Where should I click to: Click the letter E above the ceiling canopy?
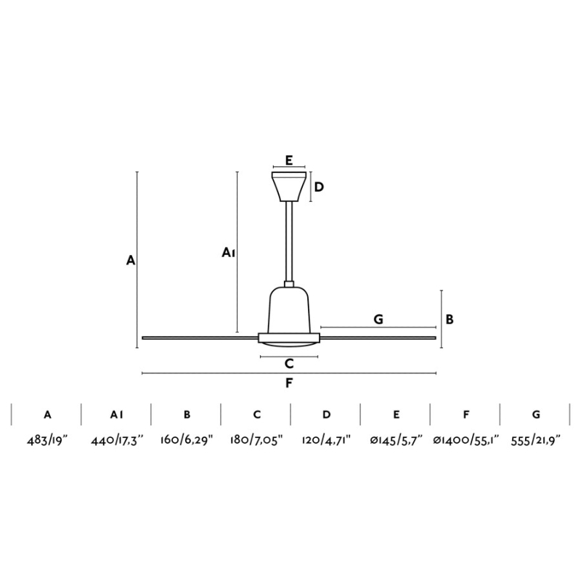[289, 160]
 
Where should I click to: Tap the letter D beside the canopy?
[319, 187]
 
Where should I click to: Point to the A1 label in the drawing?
[229, 253]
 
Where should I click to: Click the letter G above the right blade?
[378, 319]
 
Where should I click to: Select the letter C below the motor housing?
[289, 364]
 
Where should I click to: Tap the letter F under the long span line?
[289, 383]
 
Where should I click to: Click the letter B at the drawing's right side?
[450, 319]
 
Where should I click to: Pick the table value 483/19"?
[47, 441]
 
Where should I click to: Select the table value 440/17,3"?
[117, 441]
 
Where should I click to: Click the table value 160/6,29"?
[187, 441]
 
